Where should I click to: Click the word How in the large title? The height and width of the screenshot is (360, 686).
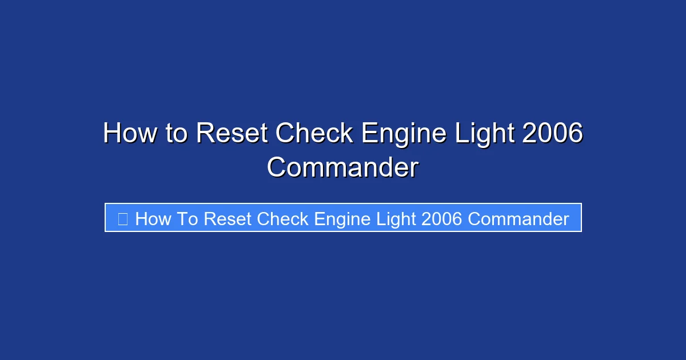(x=131, y=134)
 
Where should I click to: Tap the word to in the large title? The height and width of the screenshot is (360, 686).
(x=178, y=134)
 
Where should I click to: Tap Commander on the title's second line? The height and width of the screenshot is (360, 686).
(x=343, y=168)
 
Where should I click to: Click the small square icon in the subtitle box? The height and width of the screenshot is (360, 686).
(x=122, y=218)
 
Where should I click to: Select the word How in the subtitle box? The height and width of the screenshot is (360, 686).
(x=153, y=219)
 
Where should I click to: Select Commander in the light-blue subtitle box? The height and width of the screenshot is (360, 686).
(x=519, y=219)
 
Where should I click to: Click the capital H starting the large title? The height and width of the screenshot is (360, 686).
(x=112, y=134)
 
